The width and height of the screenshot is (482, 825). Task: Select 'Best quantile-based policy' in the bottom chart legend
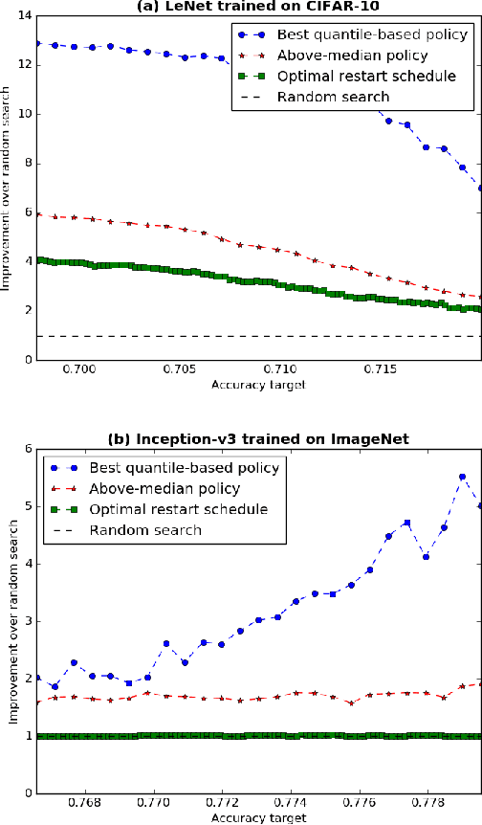click(x=184, y=468)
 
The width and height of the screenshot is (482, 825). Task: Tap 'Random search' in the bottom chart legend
click(x=144, y=529)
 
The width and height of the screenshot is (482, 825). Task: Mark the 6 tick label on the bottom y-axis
click(x=26, y=448)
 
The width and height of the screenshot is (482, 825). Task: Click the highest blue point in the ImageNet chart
click(x=462, y=477)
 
